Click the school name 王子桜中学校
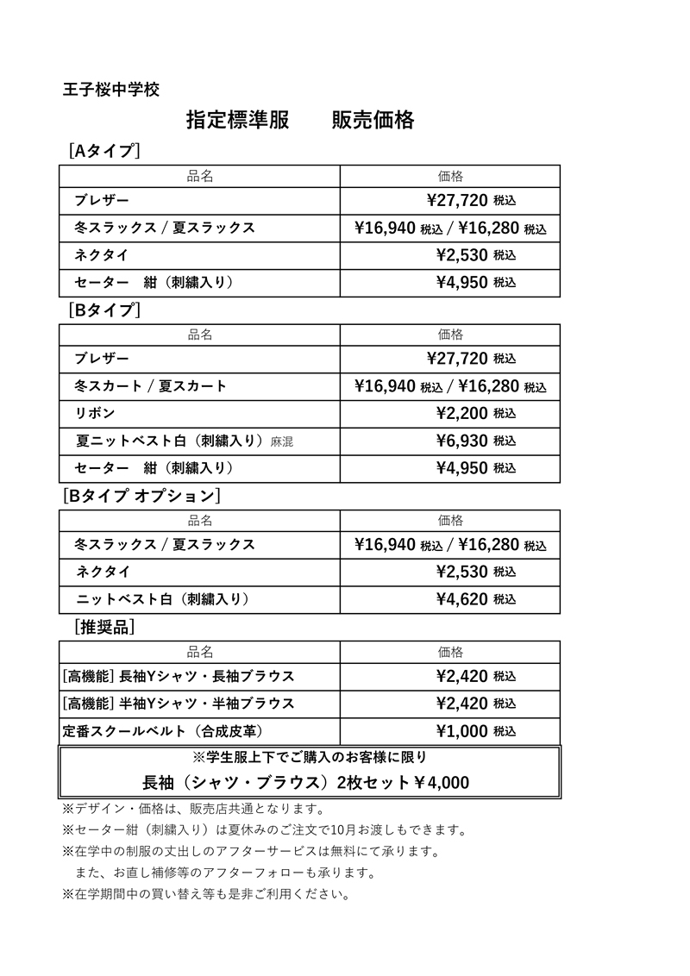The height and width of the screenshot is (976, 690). (x=111, y=89)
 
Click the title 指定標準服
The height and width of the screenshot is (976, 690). (x=238, y=121)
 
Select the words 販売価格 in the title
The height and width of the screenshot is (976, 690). (x=373, y=121)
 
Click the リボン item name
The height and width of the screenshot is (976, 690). (x=95, y=413)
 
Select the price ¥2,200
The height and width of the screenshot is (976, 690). (x=462, y=413)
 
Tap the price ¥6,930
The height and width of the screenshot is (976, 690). (x=462, y=441)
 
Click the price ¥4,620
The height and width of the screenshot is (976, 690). (x=462, y=599)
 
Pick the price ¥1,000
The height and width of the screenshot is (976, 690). (x=462, y=731)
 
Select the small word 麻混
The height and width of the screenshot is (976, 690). (x=282, y=441)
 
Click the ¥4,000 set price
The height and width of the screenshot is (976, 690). (x=440, y=783)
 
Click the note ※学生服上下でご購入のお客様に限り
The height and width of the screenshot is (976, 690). (x=309, y=757)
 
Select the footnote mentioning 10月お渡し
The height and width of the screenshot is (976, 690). (x=264, y=831)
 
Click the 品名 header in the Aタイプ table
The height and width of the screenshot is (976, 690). (x=200, y=176)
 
